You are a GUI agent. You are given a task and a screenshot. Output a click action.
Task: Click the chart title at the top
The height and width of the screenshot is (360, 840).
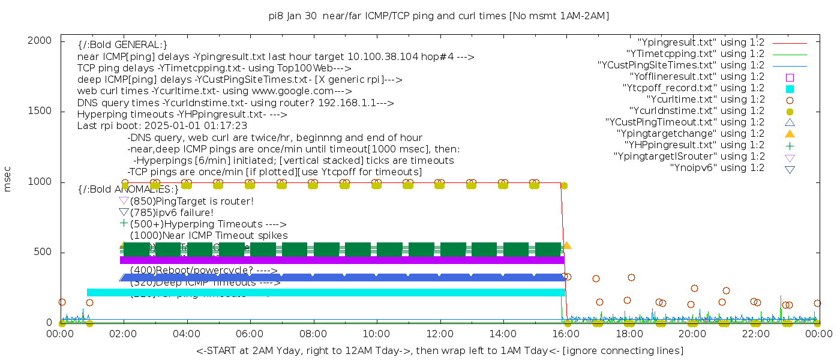(x=439, y=16)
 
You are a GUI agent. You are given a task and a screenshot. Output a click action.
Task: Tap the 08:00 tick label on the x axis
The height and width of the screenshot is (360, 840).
(x=313, y=334)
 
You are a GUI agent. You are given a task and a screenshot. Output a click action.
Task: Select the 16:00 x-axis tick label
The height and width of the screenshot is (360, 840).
(x=566, y=334)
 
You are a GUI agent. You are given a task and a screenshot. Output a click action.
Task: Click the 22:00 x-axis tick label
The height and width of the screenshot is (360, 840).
(x=755, y=334)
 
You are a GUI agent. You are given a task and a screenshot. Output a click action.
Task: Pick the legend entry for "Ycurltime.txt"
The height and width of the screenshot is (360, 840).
(x=706, y=100)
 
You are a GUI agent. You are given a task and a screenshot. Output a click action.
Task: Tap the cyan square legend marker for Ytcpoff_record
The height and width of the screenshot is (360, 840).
(x=790, y=89)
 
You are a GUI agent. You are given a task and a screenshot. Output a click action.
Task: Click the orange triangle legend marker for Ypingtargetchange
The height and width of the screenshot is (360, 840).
(x=790, y=134)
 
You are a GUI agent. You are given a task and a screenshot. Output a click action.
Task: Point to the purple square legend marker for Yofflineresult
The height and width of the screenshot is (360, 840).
(x=790, y=77)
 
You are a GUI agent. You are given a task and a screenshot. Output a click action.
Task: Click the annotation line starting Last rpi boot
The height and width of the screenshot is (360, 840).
(x=162, y=126)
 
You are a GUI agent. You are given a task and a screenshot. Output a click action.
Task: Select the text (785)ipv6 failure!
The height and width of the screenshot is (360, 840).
(x=171, y=212)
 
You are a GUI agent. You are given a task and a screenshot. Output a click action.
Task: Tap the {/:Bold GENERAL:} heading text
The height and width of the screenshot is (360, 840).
(x=122, y=45)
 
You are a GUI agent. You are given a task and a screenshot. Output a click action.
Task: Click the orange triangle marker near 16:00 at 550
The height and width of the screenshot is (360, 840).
(x=567, y=245)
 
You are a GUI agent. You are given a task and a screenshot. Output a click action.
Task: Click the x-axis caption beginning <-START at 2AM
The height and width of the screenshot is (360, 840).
(x=439, y=350)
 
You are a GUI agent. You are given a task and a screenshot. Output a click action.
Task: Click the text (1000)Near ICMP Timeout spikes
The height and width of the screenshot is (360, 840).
(x=208, y=235)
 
